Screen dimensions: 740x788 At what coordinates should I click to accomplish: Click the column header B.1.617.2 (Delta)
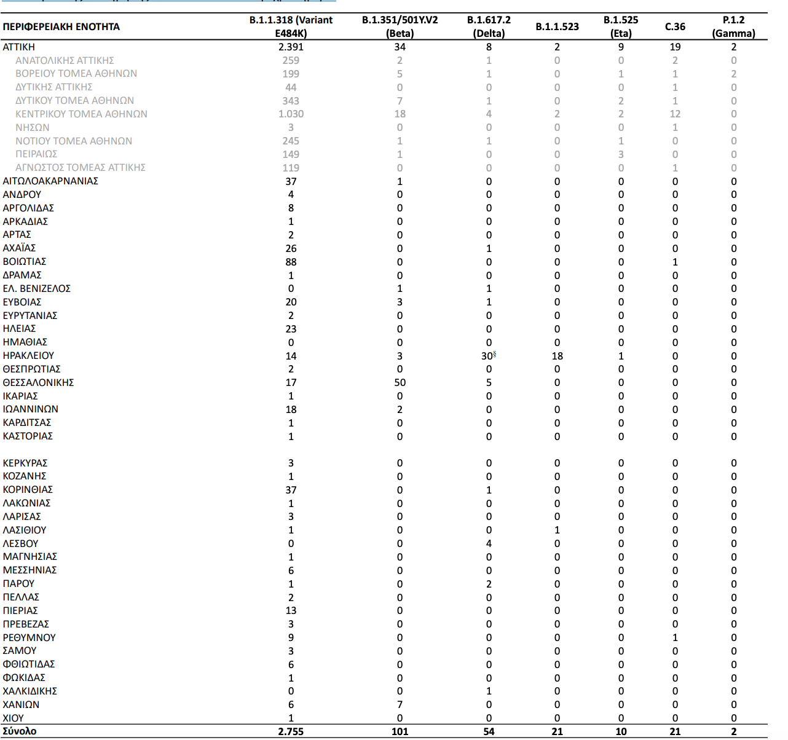point(489,26)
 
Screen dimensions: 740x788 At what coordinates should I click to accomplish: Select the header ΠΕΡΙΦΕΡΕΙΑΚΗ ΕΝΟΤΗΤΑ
point(61,26)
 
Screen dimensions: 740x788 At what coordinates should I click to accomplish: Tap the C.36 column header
point(675,26)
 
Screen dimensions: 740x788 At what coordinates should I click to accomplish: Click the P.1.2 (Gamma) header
point(733,26)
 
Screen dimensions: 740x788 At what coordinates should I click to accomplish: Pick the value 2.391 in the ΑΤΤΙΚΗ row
point(291,47)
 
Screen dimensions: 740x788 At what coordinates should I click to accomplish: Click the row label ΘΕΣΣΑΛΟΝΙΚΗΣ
point(38,382)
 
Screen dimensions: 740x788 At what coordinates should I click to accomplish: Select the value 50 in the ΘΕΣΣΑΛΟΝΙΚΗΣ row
point(400,382)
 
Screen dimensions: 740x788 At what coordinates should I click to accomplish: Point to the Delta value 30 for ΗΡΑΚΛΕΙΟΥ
point(487,356)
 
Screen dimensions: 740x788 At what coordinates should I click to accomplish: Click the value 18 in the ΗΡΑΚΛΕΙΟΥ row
point(557,356)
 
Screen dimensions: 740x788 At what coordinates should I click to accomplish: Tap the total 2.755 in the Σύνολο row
point(291,731)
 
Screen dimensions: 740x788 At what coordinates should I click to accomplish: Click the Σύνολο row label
point(20,731)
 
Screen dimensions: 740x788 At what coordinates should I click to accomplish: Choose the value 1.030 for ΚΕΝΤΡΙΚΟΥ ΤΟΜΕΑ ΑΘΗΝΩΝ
point(291,114)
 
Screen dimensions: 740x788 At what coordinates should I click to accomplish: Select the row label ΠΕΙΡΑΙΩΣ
point(36,154)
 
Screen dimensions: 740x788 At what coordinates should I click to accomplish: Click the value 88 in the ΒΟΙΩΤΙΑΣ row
point(291,262)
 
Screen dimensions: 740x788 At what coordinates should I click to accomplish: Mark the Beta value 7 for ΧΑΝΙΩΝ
point(400,704)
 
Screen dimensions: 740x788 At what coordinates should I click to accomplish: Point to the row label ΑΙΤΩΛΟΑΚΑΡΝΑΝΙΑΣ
point(50,181)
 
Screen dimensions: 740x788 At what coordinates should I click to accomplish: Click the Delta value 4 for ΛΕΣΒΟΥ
point(489,543)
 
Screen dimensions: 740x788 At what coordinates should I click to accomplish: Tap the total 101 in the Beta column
point(400,731)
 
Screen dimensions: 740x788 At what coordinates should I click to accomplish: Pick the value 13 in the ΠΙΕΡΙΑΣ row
point(291,610)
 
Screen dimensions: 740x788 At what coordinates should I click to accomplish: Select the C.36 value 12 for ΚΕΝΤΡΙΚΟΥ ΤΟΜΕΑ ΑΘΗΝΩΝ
point(675,114)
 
